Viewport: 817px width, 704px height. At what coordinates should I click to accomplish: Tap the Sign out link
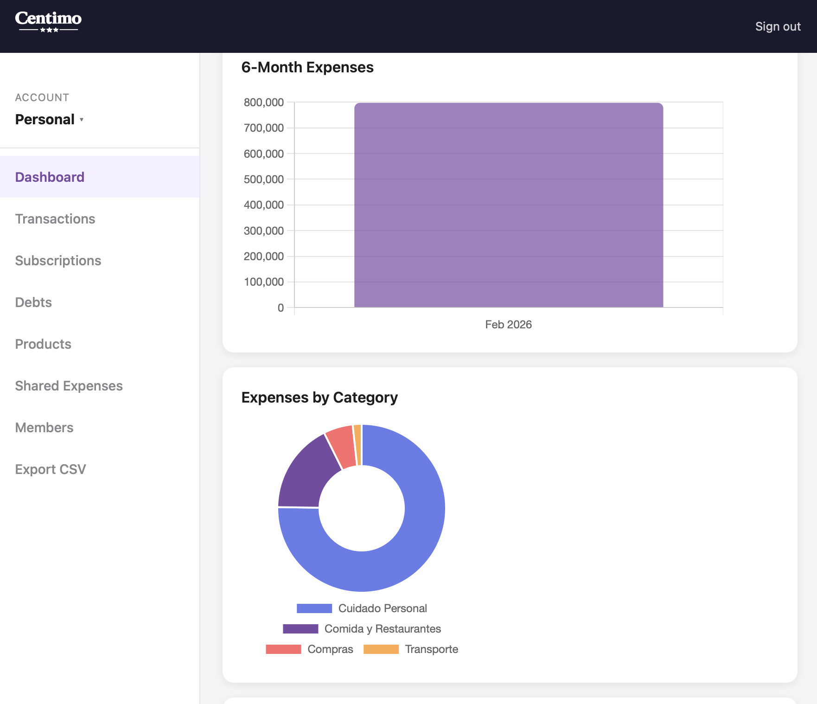coord(778,26)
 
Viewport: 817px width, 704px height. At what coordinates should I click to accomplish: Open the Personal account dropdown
coord(49,120)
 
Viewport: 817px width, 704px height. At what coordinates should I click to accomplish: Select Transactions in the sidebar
coord(55,219)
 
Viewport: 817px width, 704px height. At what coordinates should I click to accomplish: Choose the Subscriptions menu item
coord(58,261)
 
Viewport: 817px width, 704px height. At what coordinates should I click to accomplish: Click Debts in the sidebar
coord(33,302)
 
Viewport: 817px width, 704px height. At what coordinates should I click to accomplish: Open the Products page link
coord(43,344)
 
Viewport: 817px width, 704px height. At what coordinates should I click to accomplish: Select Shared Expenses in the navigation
coord(69,386)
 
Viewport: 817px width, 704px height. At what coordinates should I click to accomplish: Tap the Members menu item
coord(44,428)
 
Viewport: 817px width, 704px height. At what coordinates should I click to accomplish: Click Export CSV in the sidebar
coord(51,469)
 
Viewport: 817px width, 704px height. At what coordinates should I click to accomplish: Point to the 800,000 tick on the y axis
coord(264,102)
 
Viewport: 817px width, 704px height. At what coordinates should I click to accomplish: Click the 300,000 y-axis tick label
coord(264,231)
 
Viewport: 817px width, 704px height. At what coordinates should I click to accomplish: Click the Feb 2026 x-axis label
coord(508,325)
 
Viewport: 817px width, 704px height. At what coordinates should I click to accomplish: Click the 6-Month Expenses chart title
coord(307,67)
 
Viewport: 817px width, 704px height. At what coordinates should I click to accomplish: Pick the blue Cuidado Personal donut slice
coord(408,547)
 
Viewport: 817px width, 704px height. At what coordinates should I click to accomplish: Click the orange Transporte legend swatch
coord(381,649)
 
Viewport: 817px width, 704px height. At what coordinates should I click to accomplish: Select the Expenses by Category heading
coord(319,397)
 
